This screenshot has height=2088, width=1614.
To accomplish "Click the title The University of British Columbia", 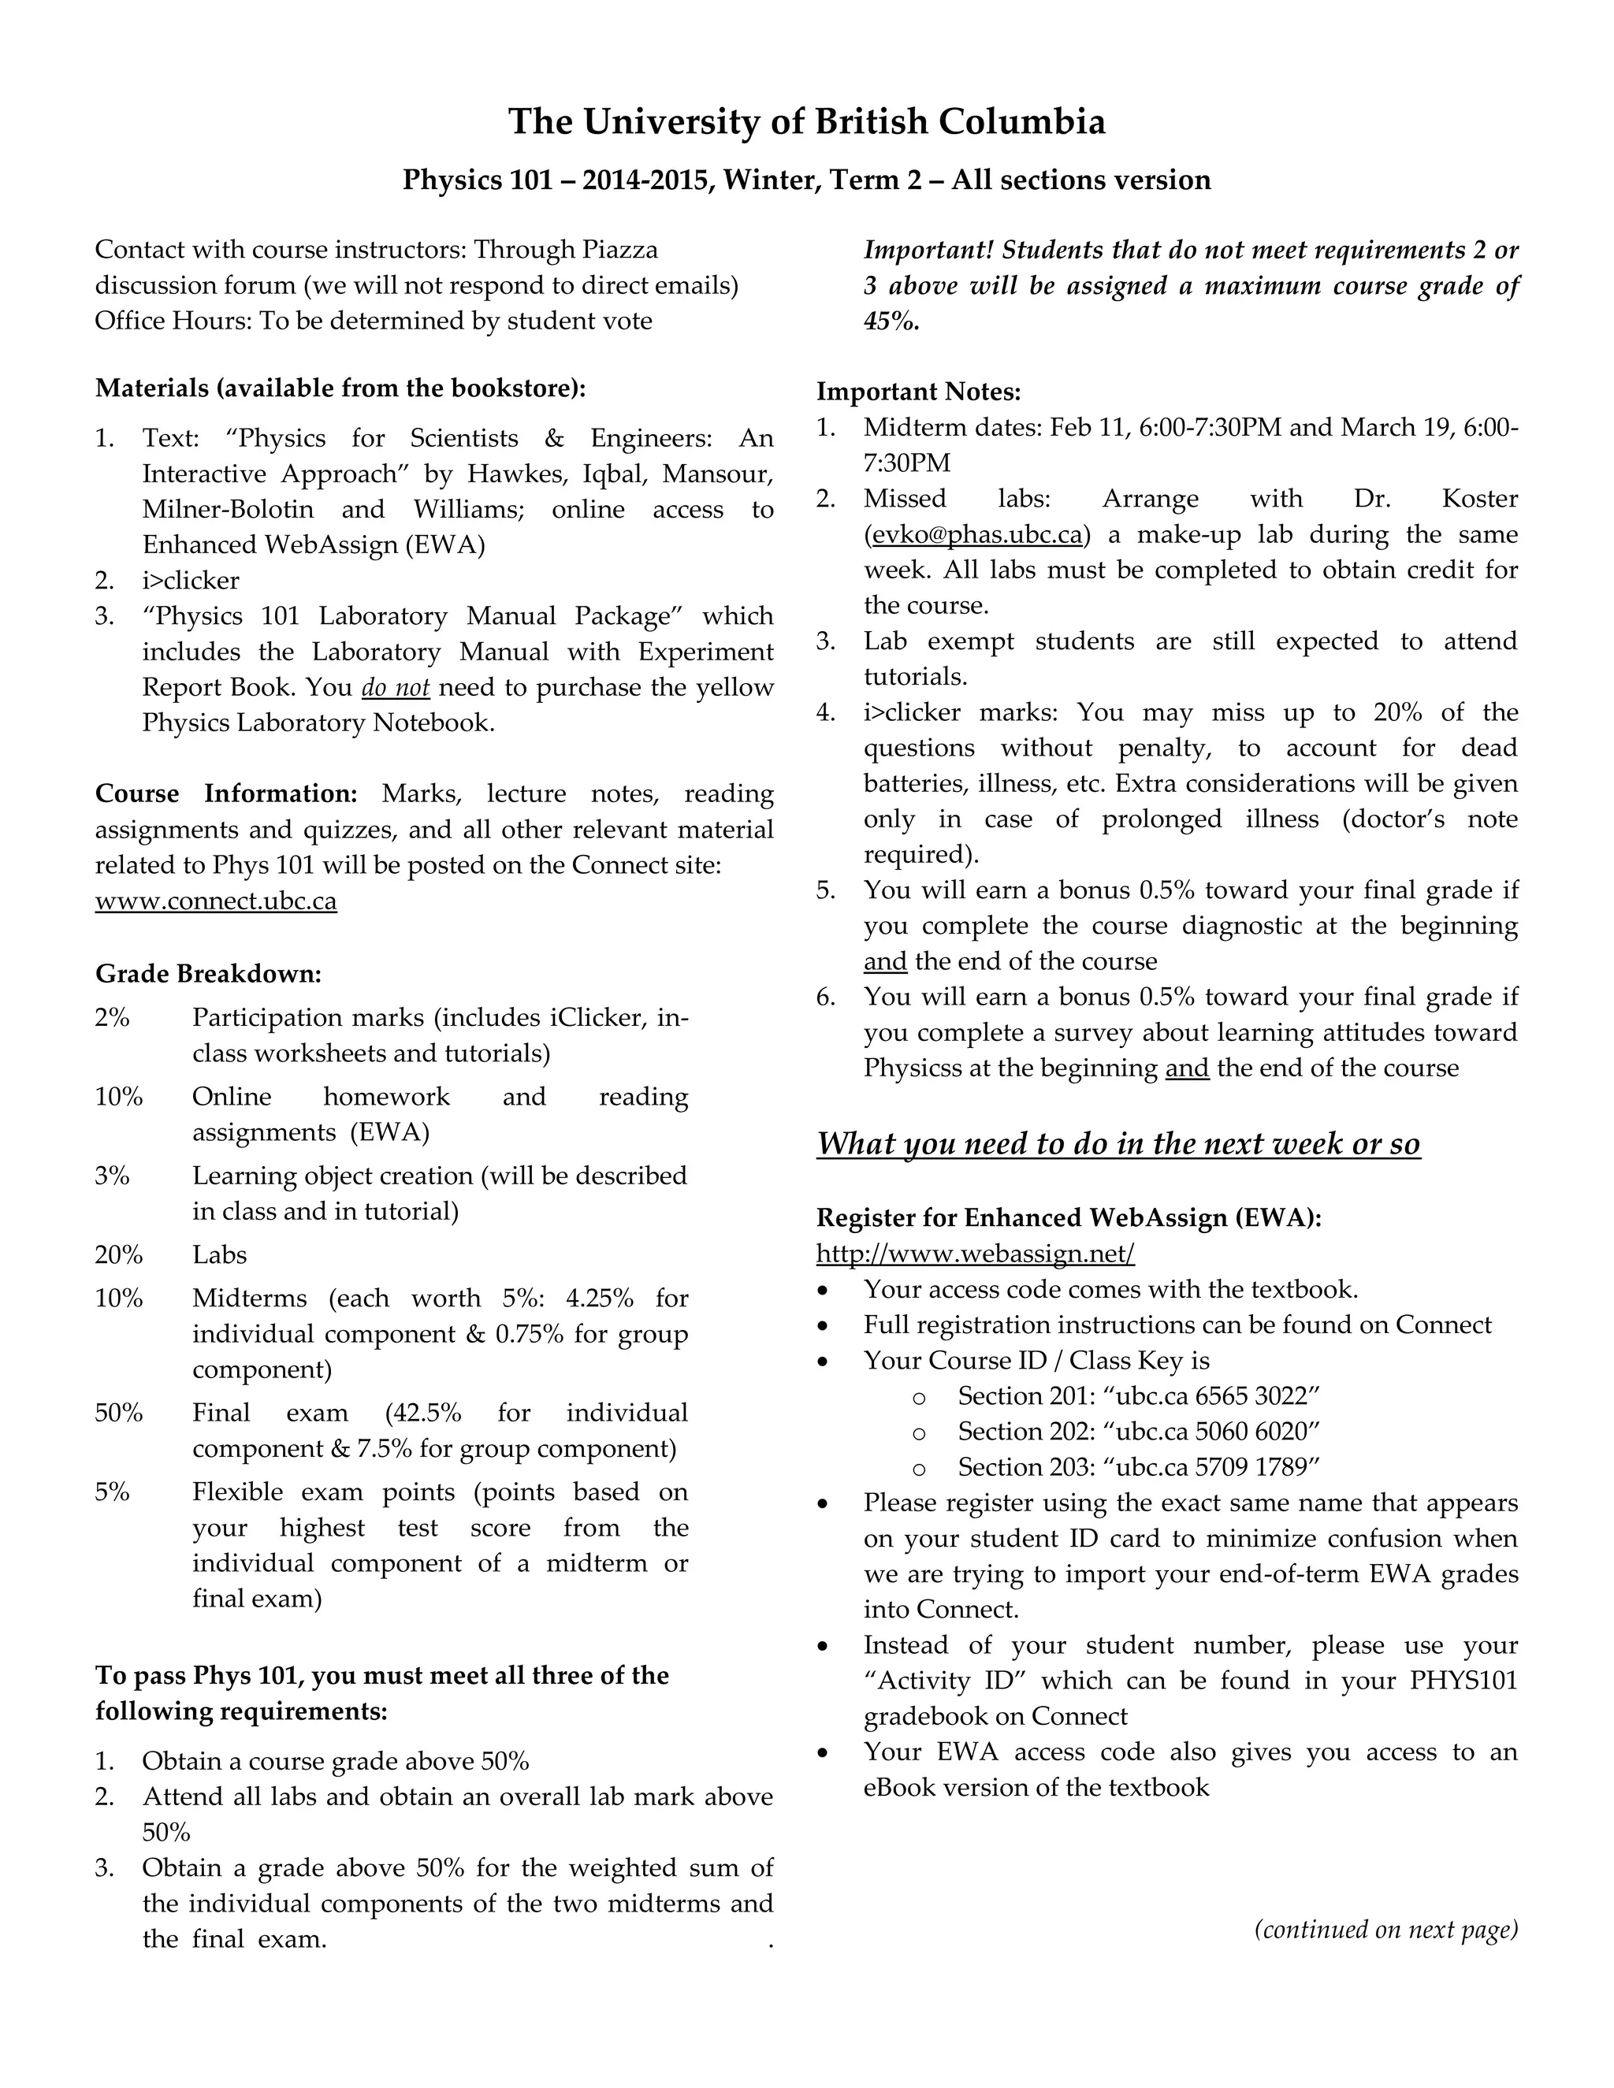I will tap(806, 122).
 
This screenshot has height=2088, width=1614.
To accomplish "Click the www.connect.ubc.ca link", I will tap(216, 901).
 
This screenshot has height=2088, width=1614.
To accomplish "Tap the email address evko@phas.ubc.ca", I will tap(977, 534).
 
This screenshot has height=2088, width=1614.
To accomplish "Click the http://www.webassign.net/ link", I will tap(976, 1254).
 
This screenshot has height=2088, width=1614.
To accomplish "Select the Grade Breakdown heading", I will tap(208, 974).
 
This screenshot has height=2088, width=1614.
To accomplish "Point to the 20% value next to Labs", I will tap(118, 1255).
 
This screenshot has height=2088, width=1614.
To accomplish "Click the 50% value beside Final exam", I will tap(118, 1413).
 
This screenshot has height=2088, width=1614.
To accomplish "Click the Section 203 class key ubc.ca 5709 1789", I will tap(1210, 1466).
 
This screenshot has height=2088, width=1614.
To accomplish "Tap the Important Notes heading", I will tap(919, 392).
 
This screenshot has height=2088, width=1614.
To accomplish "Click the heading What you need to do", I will tap(1118, 1144).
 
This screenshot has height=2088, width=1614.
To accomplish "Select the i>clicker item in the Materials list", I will tap(190, 581).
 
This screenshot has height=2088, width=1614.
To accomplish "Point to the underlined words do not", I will tap(395, 687).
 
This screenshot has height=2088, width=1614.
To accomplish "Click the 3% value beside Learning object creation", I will tap(112, 1176).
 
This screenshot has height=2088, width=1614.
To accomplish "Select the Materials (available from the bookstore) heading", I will tap(340, 388).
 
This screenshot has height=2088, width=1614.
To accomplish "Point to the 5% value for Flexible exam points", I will tap(112, 1492).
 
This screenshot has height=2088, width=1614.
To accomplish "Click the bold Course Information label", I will tap(225, 793).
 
